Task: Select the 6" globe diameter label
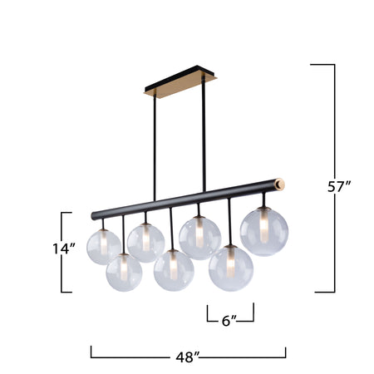(229, 319)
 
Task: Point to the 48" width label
(189, 357)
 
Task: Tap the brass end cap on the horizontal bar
(280, 181)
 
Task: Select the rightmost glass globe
(263, 231)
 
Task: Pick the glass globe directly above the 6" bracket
(230, 268)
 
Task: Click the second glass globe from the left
(124, 273)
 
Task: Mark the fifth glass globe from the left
(199, 238)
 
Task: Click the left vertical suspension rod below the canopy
(154, 150)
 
